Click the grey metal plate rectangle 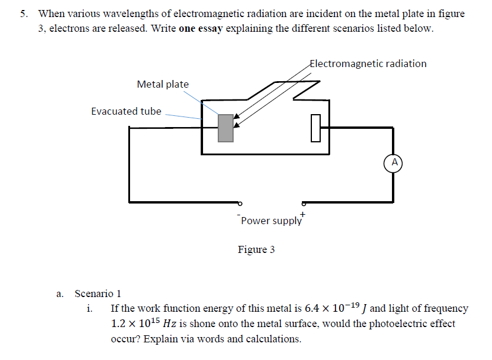225,128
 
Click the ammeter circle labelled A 394,162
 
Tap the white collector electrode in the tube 315,128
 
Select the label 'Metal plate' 162,84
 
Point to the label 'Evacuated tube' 126,111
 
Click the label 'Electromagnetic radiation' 368,64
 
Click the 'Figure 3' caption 256,250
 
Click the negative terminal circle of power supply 240,202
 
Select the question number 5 24,14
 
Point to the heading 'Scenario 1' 98,294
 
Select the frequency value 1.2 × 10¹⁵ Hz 144,324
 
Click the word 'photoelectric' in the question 390,324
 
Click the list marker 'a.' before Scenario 60,294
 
